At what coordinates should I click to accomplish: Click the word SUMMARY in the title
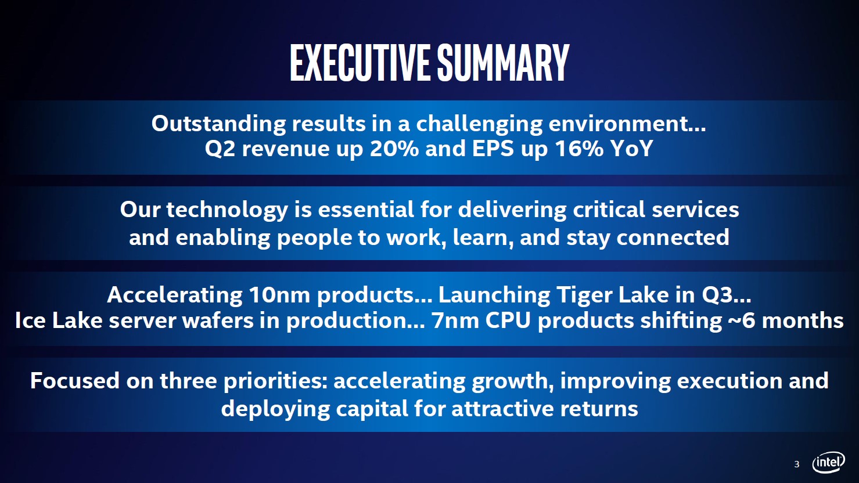click(x=503, y=63)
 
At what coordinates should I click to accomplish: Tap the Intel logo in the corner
click(x=828, y=462)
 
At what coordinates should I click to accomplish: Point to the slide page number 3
click(x=797, y=464)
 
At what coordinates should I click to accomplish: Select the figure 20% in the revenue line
click(x=394, y=149)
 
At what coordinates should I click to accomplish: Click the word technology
click(x=227, y=211)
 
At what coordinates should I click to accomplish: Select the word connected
click(x=673, y=237)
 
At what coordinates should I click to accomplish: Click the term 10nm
click(x=279, y=295)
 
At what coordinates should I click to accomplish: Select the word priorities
click(x=275, y=381)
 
